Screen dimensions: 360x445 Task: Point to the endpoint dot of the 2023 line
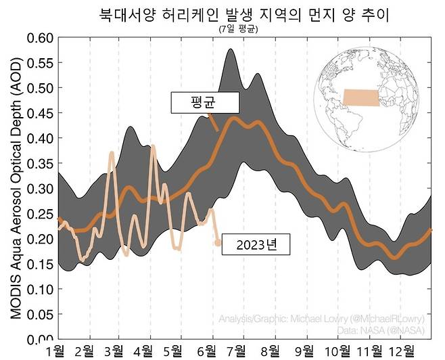pos(217,242)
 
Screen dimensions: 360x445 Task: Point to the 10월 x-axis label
pos(337,351)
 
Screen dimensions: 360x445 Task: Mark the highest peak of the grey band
pos(231,49)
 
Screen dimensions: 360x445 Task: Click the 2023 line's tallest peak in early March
pos(112,154)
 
